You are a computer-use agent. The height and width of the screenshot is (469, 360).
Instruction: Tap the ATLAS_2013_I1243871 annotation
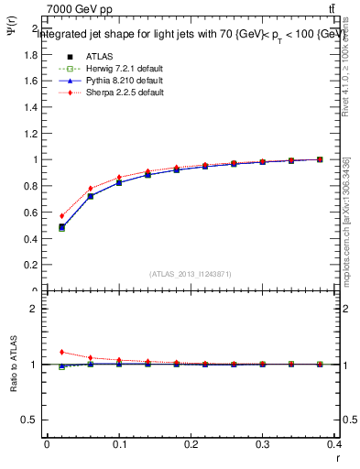[x=190, y=274]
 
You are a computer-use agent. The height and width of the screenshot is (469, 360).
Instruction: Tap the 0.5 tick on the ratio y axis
[x=31, y=420]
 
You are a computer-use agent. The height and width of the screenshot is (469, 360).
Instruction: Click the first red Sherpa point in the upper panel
[x=61, y=216]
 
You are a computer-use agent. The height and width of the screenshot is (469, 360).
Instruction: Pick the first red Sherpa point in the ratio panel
[x=61, y=352]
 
